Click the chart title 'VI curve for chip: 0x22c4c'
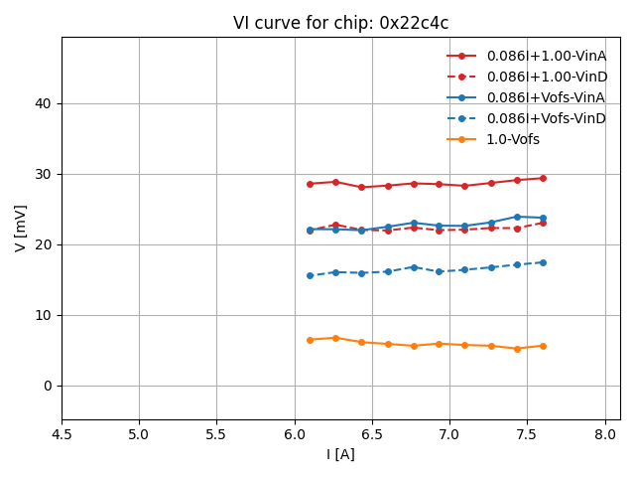click(x=340, y=23)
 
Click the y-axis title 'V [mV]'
click(x=21, y=228)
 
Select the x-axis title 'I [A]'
click(x=340, y=454)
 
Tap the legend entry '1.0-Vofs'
click(x=513, y=139)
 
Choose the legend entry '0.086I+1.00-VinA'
click(x=546, y=56)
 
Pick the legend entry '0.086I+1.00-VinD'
click(x=546, y=77)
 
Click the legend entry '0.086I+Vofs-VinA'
click(x=546, y=97)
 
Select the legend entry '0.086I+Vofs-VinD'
click(x=546, y=118)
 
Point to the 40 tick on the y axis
click(x=44, y=103)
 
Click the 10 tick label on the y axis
click(x=44, y=315)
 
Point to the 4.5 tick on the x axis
click(x=62, y=434)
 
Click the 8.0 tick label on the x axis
click(x=605, y=434)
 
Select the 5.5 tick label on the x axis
click(x=216, y=434)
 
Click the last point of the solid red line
click(x=543, y=178)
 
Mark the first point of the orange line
click(x=310, y=340)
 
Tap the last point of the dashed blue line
click(x=543, y=262)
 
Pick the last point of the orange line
click(x=543, y=346)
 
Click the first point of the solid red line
click(x=310, y=184)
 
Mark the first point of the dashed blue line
click(x=310, y=275)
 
